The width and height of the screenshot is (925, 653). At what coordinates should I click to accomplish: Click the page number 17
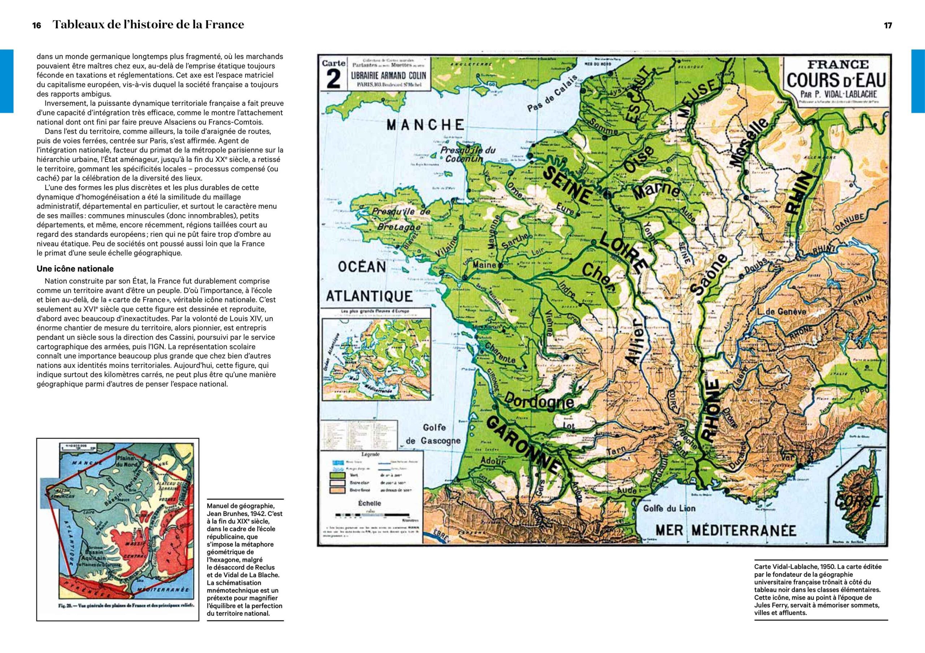click(x=888, y=25)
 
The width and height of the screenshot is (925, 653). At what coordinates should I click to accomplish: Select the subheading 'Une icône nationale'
click(x=75, y=269)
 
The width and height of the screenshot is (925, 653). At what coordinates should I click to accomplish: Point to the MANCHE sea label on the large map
click(x=425, y=125)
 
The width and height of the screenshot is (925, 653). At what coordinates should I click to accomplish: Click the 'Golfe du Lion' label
click(x=669, y=508)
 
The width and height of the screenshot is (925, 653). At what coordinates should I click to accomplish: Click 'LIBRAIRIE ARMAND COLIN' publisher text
click(x=388, y=75)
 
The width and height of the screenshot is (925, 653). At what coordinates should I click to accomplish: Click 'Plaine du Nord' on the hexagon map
click(x=127, y=461)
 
